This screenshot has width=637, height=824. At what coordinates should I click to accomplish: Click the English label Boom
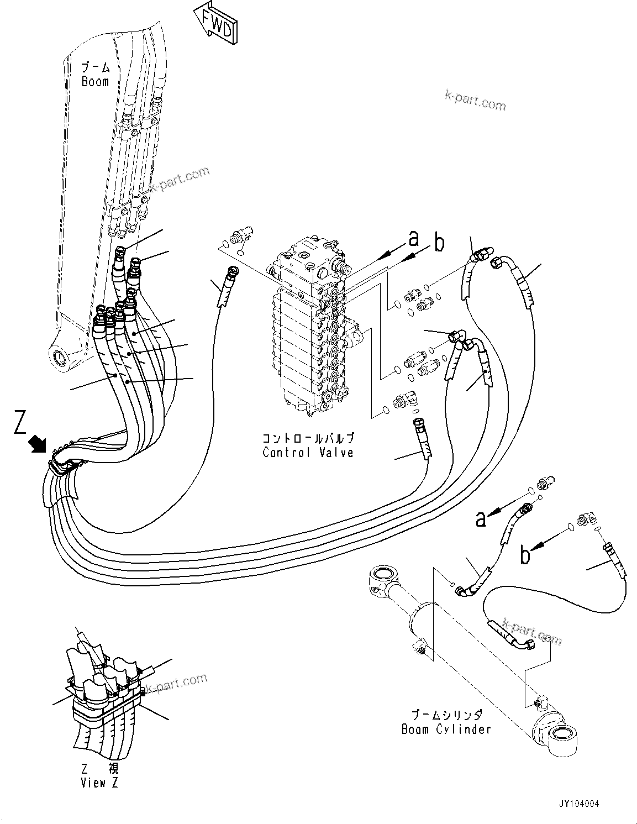[x=95, y=82]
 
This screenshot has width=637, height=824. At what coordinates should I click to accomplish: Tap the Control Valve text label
[x=308, y=453]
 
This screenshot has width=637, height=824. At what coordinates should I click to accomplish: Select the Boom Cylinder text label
[x=446, y=729]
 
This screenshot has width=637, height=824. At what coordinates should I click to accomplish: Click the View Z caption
[x=99, y=782]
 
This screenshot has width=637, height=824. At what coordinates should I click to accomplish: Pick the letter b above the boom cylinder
[x=525, y=554]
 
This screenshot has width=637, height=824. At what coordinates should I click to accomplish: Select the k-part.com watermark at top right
[x=475, y=101]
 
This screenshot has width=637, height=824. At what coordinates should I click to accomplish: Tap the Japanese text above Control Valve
[x=308, y=438]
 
